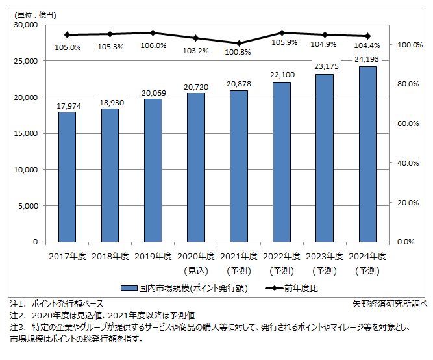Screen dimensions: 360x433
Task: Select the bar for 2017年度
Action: click(x=67, y=177)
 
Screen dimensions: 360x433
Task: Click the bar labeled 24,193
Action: click(x=367, y=154)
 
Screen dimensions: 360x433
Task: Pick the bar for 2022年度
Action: click(x=282, y=162)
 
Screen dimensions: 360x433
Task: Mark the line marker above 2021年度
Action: click(x=239, y=43)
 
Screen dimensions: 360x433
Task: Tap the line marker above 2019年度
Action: click(x=153, y=32)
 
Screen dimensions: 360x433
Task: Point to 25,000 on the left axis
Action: click(x=25, y=61)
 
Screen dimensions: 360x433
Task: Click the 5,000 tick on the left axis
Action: click(x=28, y=206)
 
